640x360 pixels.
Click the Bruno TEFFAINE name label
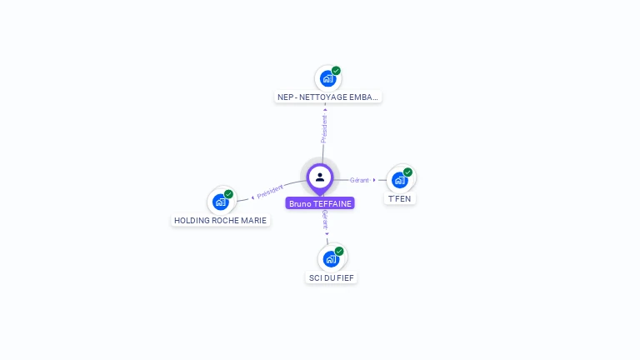320,203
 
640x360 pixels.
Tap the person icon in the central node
320,177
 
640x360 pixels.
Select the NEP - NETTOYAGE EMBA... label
327,97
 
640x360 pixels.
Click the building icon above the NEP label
327,78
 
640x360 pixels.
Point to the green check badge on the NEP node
336,71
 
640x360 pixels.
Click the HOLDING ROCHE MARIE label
221,221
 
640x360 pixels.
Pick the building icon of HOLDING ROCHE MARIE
220,201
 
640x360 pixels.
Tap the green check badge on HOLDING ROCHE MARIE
228,194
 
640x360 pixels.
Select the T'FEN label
400,199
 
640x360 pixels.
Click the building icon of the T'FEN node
399,179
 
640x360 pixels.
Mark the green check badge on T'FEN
407,172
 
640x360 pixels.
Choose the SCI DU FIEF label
332,277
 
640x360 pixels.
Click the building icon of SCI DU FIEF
331,258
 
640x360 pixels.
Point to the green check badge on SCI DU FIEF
339,251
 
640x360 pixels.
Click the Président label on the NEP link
324,128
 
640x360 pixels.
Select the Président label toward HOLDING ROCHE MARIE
271,192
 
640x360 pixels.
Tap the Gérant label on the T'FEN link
359,180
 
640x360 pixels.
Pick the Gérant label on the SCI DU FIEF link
324,220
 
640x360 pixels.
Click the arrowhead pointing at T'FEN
374,180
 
